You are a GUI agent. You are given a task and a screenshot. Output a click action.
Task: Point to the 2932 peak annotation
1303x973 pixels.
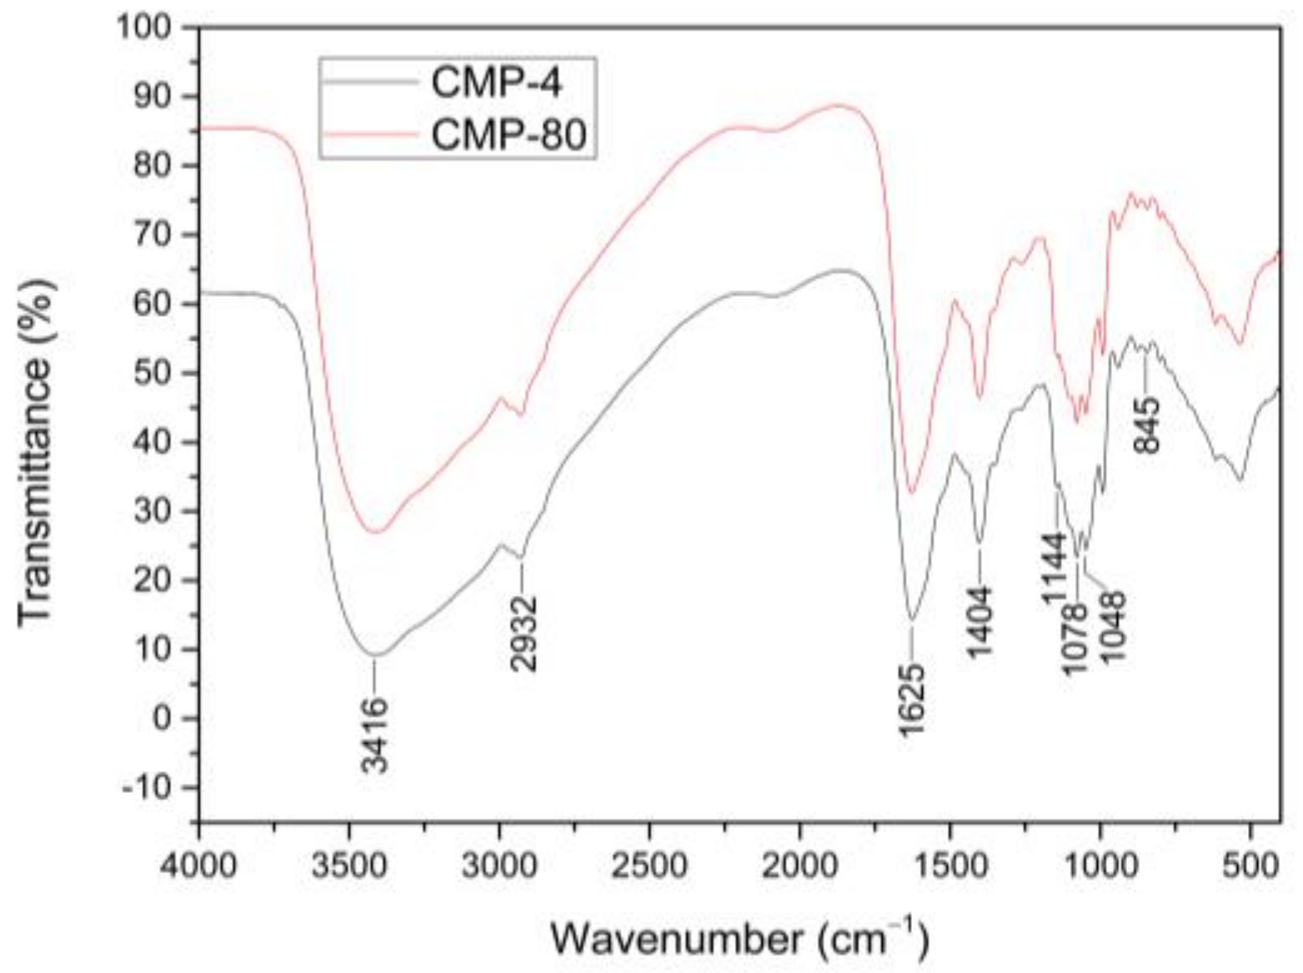(524, 633)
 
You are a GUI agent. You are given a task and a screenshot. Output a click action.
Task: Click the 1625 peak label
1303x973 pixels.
(913, 700)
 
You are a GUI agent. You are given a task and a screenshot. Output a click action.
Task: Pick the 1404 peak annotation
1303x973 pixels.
(981, 621)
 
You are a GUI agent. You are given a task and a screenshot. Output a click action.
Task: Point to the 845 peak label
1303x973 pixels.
(1147, 424)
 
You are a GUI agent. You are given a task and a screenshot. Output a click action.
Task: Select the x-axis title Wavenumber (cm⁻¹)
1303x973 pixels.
(739, 939)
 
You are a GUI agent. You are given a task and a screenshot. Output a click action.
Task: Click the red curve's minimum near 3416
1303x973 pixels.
(376, 532)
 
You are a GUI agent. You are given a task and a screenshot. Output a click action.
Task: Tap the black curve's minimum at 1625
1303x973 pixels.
(912, 620)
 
